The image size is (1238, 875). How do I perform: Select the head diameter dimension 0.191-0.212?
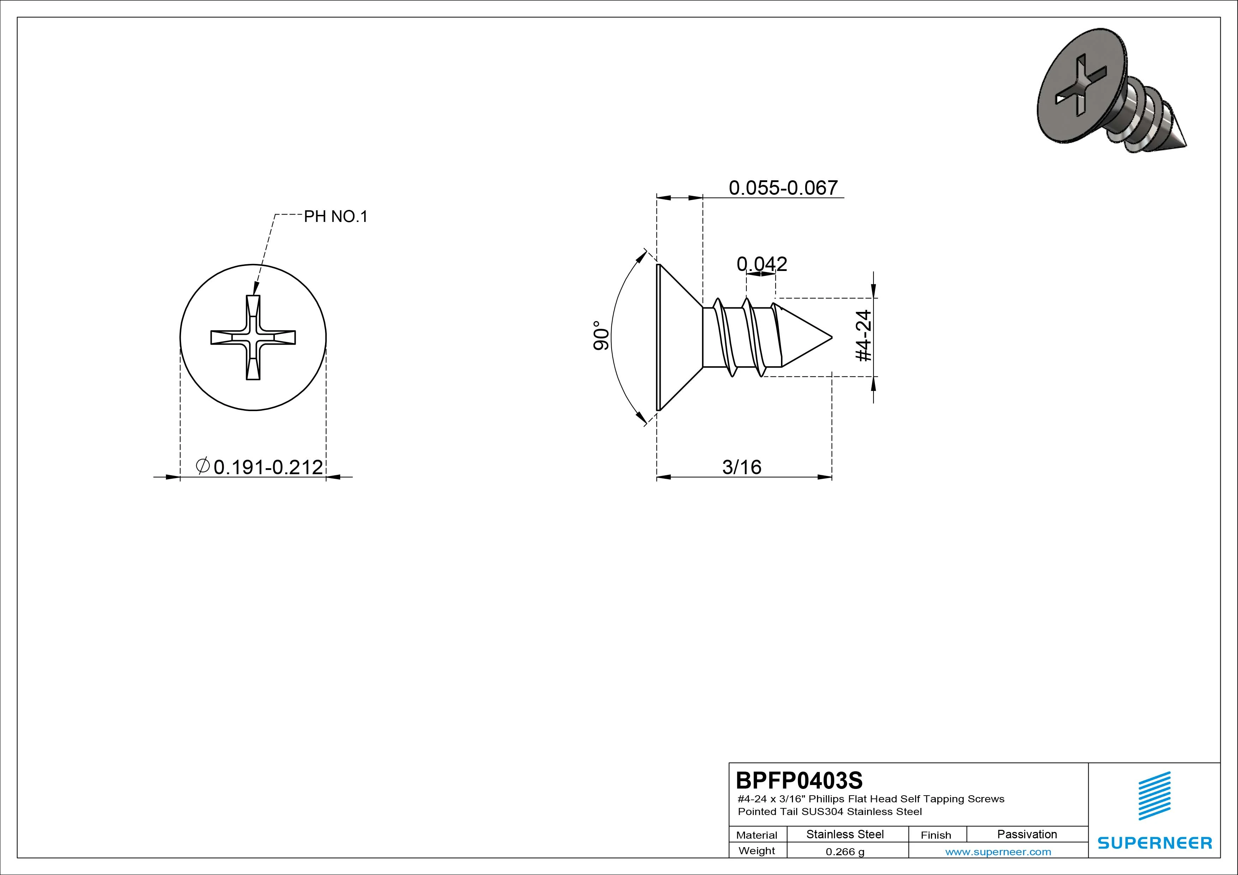pos(268,467)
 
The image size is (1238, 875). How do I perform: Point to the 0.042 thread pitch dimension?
pos(762,264)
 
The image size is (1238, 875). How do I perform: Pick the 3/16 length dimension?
pos(742,467)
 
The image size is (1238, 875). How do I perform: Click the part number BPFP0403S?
pos(799,780)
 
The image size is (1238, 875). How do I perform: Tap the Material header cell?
pos(757,835)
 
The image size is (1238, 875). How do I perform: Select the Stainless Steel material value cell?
pos(845,834)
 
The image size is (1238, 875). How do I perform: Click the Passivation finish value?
pos(1027,834)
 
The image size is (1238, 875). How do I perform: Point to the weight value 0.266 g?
pos(845,852)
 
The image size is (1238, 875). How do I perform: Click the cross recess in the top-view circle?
pos(253,338)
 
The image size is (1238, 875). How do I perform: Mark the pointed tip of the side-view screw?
pos(832,338)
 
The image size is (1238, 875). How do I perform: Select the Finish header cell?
pos(936,835)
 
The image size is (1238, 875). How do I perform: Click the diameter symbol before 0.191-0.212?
pos(203,465)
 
